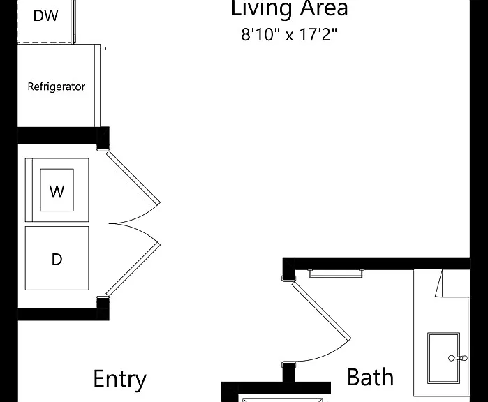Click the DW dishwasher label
45,15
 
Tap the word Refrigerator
57,87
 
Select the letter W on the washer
57,191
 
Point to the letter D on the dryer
57,259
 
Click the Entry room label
120,379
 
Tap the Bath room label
370,377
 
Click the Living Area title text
290,8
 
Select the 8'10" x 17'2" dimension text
289,34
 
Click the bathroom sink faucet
458,358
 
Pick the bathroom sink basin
443,358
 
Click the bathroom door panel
321,311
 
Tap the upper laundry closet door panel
133,177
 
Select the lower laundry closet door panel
133,269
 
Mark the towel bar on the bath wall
336,274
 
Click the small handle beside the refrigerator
103,48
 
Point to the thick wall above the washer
63,135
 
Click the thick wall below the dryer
63,314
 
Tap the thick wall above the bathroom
376,264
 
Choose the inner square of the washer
57,190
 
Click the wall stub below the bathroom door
288,373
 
